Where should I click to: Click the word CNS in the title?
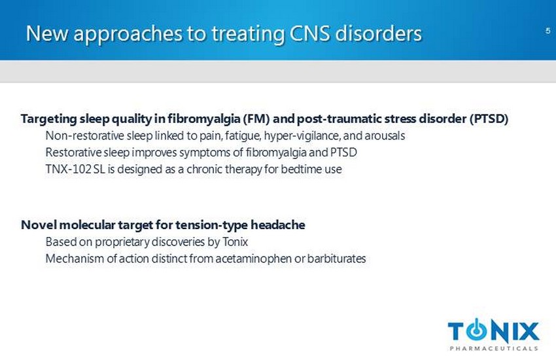click(x=310, y=33)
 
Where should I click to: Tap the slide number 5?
click(x=548, y=31)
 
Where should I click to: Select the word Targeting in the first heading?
click(x=48, y=119)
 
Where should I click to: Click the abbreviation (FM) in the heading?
click(x=256, y=118)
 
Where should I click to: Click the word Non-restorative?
click(x=84, y=135)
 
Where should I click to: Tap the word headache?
click(x=278, y=225)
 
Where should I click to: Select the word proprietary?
click(x=120, y=242)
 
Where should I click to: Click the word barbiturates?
click(x=336, y=259)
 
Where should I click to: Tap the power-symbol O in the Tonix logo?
click(x=477, y=330)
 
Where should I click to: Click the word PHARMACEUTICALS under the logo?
click(x=494, y=348)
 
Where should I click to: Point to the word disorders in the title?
click(x=378, y=33)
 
